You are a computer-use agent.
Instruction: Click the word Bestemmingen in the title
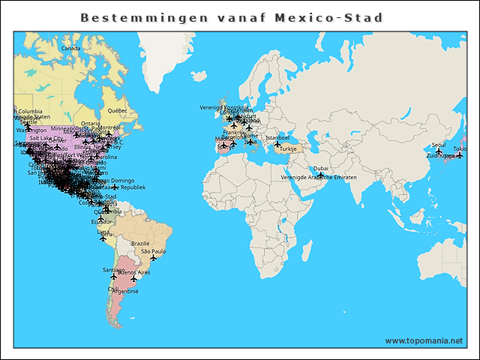pyautogui.click(x=125, y=17)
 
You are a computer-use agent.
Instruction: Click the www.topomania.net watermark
pyautogui.click(x=424, y=340)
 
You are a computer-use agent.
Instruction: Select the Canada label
pyautogui.click(x=70, y=49)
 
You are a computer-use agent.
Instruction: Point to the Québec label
pyautogui.click(x=117, y=111)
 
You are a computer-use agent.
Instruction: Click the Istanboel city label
pyautogui.click(x=277, y=137)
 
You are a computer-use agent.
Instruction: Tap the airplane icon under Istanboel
pyautogui.click(x=277, y=144)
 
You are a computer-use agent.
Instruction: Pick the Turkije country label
pyautogui.click(x=289, y=148)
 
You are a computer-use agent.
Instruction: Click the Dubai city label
pyautogui.click(x=321, y=169)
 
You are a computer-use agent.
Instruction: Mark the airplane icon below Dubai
pyautogui.click(x=321, y=175)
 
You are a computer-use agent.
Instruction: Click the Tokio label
pyautogui.click(x=460, y=148)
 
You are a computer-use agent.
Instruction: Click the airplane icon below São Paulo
pyautogui.click(x=153, y=258)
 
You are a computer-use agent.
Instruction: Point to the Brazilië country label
pyautogui.click(x=141, y=243)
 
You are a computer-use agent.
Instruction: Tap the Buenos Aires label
pyautogui.click(x=134, y=272)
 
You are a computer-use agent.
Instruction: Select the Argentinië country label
pyautogui.click(x=124, y=290)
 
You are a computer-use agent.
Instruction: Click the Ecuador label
pyautogui.click(x=102, y=221)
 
